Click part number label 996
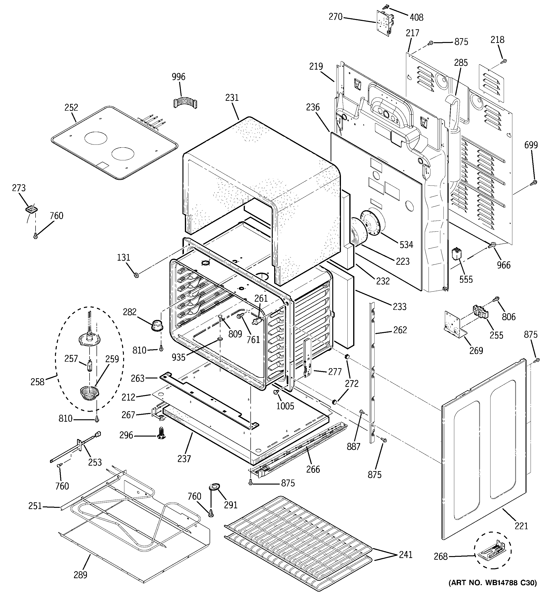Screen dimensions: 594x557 click(x=178, y=77)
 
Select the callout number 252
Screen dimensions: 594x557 click(x=71, y=108)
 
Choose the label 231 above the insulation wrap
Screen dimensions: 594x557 click(x=232, y=98)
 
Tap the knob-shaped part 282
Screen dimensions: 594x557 click(x=157, y=324)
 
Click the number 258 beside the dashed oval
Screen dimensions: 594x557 click(x=37, y=382)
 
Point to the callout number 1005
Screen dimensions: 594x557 click(x=285, y=406)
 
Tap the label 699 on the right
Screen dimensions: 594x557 click(x=531, y=145)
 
